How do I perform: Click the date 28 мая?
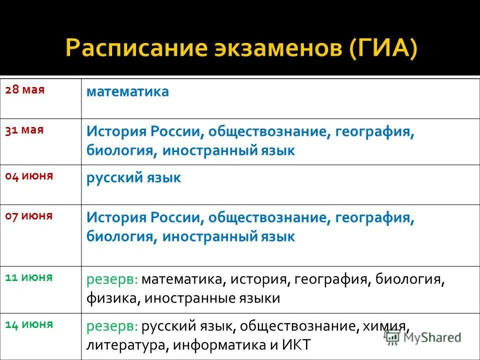click(x=25, y=90)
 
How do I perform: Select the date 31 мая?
click(x=24, y=130)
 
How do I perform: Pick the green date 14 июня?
click(x=29, y=324)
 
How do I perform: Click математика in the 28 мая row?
click(x=127, y=92)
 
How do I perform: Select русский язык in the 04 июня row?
click(x=133, y=177)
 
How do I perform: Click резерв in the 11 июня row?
click(x=112, y=280)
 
